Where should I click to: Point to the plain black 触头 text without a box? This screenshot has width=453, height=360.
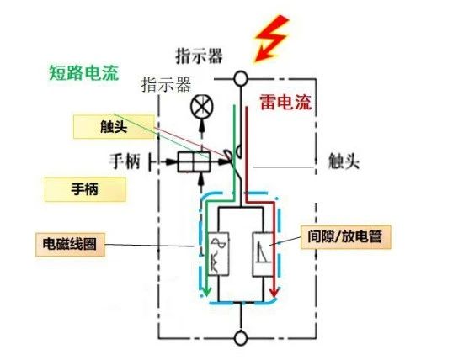[344, 161]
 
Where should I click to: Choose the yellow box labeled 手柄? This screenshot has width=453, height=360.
[82, 189]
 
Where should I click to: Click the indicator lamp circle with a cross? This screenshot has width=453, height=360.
[202, 109]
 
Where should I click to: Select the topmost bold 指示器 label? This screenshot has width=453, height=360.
[199, 56]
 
